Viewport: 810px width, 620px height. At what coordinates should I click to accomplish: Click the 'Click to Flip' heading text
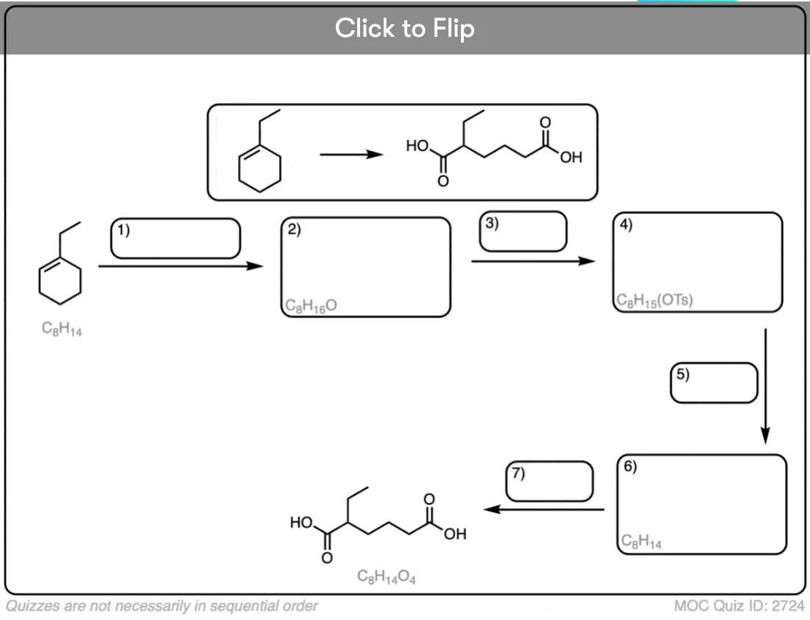(404, 28)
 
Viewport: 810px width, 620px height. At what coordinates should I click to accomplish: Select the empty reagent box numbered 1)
(176, 238)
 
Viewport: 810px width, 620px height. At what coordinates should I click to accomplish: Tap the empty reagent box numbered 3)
(523, 231)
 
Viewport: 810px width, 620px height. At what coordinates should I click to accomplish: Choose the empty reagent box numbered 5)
(714, 383)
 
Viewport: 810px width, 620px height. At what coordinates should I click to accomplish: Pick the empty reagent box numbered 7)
(549, 482)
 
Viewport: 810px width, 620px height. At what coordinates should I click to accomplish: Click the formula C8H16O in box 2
(311, 306)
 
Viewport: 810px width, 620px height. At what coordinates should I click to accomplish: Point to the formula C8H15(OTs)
(655, 300)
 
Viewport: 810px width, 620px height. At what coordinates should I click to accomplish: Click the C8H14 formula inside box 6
(641, 541)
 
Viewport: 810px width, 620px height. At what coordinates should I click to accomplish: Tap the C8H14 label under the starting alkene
(61, 328)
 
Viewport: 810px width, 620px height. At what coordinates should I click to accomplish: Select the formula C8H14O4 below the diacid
(387, 577)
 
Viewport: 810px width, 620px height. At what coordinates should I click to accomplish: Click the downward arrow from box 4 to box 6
(766, 386)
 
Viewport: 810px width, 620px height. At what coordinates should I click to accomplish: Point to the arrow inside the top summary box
(351, 155)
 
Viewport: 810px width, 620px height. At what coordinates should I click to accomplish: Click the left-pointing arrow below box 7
(543, 510)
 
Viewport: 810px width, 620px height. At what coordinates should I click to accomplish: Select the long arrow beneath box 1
(181, 266)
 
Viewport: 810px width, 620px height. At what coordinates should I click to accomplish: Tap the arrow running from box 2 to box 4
(533, 261)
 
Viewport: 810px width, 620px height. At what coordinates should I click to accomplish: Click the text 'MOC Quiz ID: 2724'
(739, 605)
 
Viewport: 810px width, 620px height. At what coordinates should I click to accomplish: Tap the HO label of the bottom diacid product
(301, 522)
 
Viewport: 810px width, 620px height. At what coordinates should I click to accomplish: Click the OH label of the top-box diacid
(571, 157)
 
